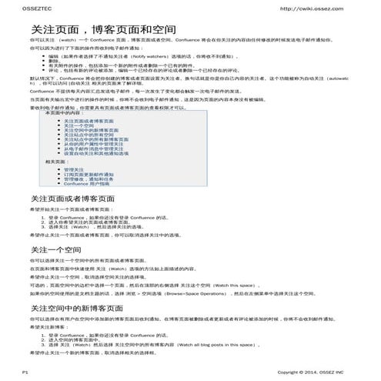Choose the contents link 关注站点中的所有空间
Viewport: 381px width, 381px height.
click(89, 135)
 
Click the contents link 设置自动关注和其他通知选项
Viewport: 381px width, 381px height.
click(98, 154)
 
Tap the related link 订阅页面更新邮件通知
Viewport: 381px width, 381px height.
click(88, 174)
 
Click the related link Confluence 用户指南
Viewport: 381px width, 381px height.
click(86, 184)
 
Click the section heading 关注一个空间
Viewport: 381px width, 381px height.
click(55, 250)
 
